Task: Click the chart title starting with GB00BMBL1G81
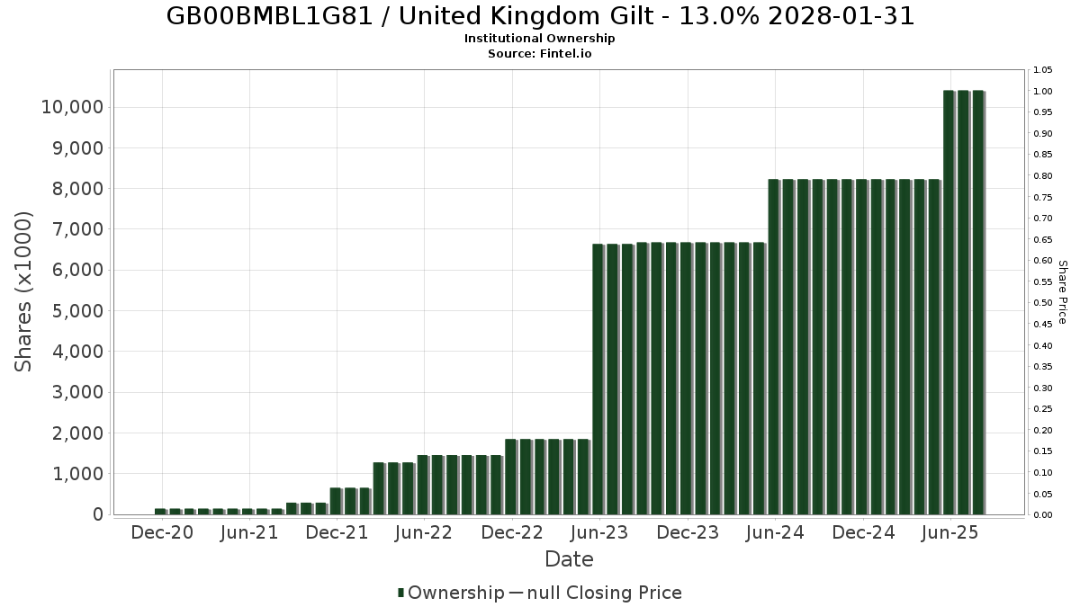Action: click(x=540, y=16)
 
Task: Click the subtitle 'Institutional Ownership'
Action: click(x=539, y=39)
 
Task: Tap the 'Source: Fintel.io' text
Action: click(x=539, y=54)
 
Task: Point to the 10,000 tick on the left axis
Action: click(x=72, y=108)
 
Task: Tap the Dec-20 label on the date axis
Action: click(x=162, y=533)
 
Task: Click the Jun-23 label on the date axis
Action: click(x=599, y=533)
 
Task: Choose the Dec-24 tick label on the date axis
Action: click(x=862, y=533)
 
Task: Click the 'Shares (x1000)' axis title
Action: click(x=24, y=291)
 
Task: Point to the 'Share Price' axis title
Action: click(x=1062, y=291)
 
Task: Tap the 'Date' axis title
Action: click(x=569, y=559)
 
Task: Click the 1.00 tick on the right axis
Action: click(x=1043, y=92)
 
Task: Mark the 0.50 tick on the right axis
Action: click(x=1043, y=303)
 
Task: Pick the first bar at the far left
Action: click(x=160, y=512)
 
